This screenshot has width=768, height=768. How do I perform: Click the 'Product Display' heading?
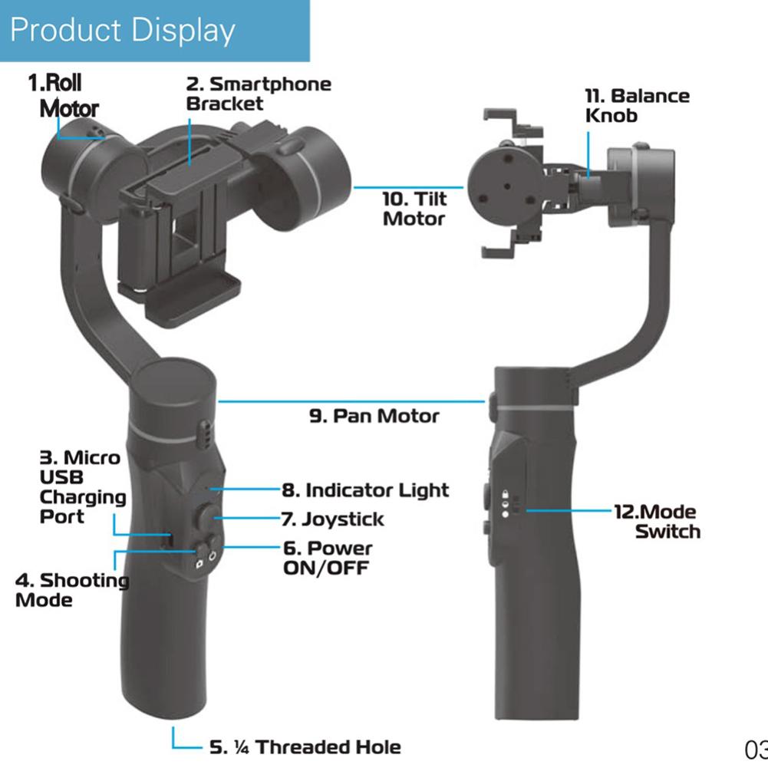tap(123, 31)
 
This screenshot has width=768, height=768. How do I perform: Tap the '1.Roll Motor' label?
tap(64, 95)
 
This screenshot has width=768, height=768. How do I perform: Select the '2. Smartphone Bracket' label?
tap(259, 94)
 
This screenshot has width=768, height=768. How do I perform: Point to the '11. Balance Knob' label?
tap(638, 105)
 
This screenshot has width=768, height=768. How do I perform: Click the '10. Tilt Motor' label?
tap(414, 209)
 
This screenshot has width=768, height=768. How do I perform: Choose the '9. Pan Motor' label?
tap(374, 416)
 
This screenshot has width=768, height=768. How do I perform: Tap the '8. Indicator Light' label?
tap(365, 490)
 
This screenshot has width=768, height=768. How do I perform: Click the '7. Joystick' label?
tap(332, 519)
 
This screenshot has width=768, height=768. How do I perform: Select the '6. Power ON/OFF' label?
tap(328, 558)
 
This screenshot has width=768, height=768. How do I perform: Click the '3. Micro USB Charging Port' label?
tap(83, 487)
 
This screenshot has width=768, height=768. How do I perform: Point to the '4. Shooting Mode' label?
tap(72, 590)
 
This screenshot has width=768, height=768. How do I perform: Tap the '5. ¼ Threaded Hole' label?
tap(305, 747)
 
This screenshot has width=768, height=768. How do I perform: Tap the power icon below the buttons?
tap(212, 557)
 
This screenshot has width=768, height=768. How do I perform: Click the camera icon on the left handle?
tap(199, 564)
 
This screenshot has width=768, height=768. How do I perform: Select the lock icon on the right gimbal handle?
tap(505, 494)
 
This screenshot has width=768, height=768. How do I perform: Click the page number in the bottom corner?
tap(756, 750)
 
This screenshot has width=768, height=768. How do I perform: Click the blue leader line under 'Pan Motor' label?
tap(351, 401)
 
